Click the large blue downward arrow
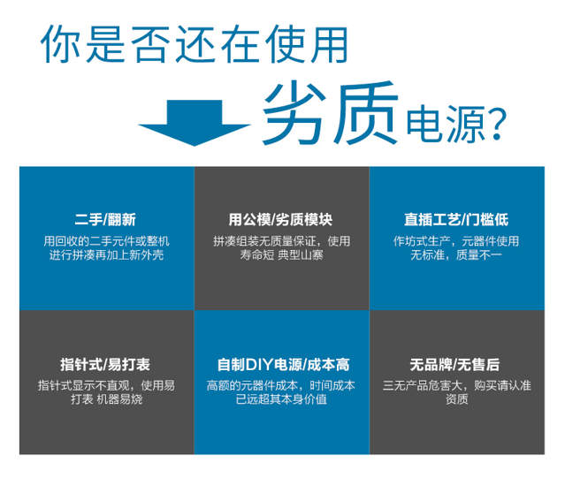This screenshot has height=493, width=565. point(195,123)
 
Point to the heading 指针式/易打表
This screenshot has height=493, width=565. point(106,364)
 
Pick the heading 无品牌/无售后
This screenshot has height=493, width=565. point(456,364)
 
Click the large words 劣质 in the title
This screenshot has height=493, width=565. point(327,113)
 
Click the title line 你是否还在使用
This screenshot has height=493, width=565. point(195,44)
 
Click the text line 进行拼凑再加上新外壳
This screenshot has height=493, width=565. point(106,255)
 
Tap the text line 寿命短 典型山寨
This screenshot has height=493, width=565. point(281,255)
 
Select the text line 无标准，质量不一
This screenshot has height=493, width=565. point(456,255)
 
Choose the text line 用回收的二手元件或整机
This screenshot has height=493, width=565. point(106,240)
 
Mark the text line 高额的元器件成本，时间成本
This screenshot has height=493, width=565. point(281,385)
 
